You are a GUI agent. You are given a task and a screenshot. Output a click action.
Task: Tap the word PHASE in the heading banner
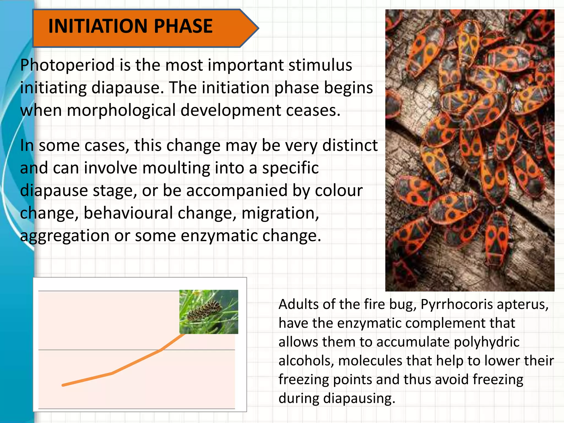183,26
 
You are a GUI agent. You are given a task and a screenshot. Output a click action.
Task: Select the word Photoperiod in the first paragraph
67,66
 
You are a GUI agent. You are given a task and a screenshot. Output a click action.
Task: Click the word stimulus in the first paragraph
320,66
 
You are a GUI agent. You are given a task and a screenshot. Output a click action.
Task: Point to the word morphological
121,111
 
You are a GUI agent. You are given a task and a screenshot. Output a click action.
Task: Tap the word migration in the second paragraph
280,213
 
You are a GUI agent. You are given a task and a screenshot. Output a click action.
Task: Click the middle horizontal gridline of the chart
110,350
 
